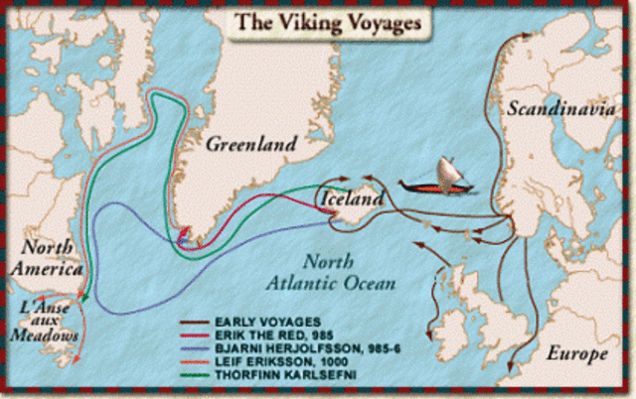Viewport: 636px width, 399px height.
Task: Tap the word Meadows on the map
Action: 46,336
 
